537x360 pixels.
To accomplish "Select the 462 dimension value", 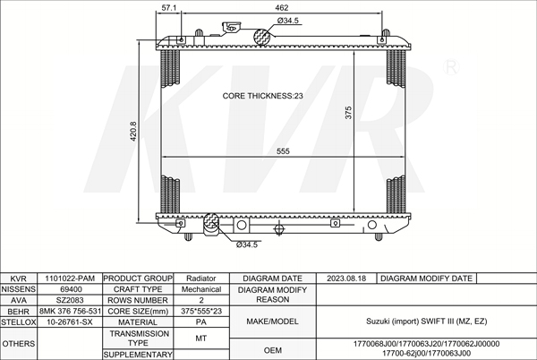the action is click(x=282, y=7).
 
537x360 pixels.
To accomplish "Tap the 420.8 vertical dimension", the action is click(x=133, y=131).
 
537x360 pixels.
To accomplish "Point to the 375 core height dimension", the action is click(x=348, y=113).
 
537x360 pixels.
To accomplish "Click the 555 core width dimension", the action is click(x=283, y=151).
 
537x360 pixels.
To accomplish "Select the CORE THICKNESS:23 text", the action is click(x=262, y=96).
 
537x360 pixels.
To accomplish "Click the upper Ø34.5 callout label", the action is click(x=287, y=21).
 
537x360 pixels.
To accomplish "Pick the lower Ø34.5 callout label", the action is click(x=247, y=244).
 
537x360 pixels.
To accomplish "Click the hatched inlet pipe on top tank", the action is click(x=261, y=37).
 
